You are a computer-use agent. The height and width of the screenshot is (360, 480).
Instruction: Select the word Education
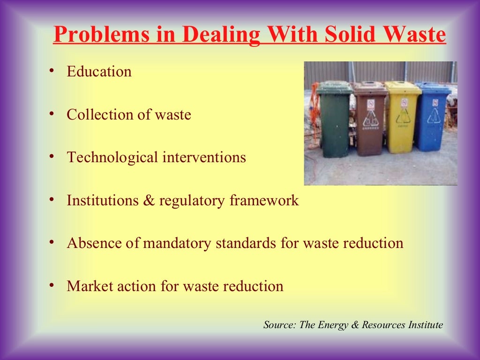(x=99, y=72)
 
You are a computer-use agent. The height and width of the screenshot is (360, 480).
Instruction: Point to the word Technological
(x=112, y=157)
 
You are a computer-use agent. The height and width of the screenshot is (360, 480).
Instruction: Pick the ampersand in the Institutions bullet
(x=150, y=201)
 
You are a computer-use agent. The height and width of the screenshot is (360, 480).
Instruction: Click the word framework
(x=264, y=201)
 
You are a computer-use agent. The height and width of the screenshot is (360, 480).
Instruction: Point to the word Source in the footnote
(x=278, y=325)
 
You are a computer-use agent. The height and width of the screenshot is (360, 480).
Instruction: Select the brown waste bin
(x=370, y=120)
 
